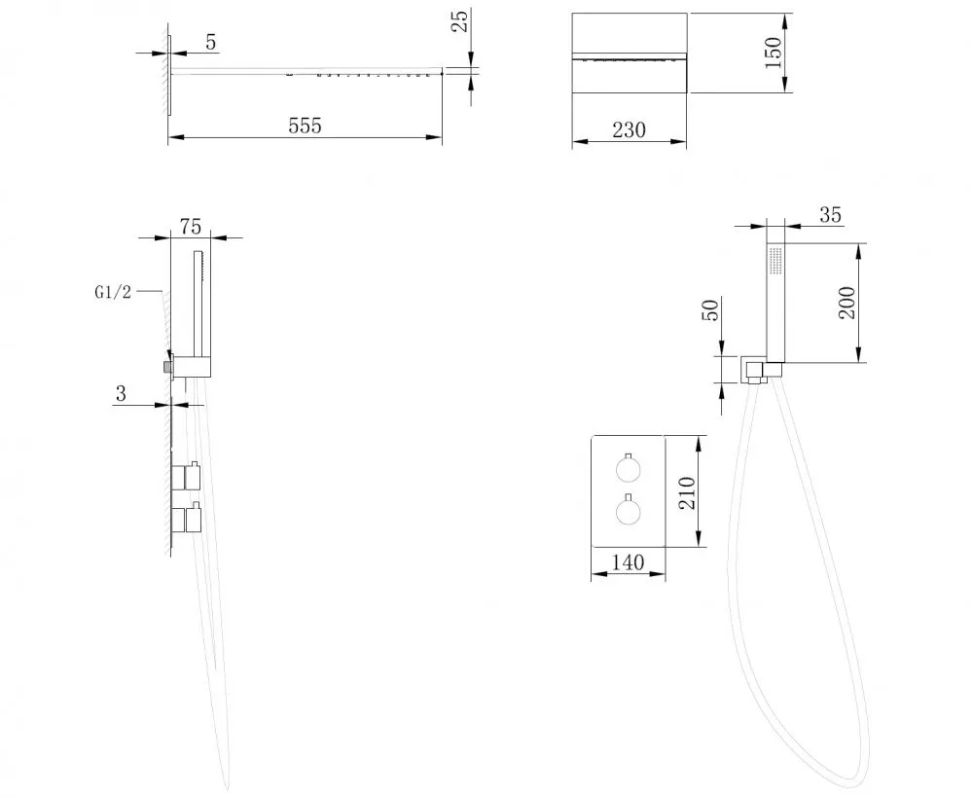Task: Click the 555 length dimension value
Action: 305,126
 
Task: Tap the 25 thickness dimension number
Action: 460,21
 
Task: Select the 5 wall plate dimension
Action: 211,42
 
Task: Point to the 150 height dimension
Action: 773,53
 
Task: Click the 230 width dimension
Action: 629,129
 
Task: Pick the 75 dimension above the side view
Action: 191,227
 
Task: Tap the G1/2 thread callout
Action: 113,292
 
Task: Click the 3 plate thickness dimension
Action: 121,393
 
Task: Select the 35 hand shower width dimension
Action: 830,215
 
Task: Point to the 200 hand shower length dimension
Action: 846,303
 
